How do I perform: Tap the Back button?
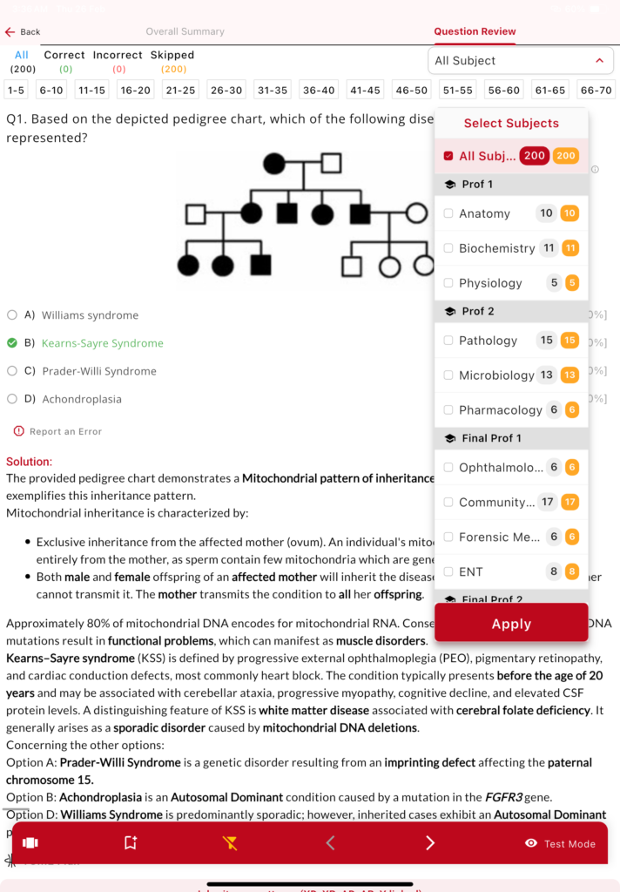point(23,32)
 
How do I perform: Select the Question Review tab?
point(475,31)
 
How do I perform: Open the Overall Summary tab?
point(185,31)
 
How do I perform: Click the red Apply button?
point(511,624)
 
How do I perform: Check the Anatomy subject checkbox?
point(448,213)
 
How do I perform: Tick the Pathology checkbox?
point(448,341)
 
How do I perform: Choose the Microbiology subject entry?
point(496,375)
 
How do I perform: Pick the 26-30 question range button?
point(226,90)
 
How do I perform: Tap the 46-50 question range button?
point(412,90)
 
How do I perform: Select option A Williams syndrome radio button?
point(12,315)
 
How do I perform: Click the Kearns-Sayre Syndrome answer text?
point(102,343)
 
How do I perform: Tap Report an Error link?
point(65,431)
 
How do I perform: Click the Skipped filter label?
point(172,55)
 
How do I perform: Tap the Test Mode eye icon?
point(531,843)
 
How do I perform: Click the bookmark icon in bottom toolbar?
point(131,843)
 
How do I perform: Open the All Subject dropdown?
point(521,61)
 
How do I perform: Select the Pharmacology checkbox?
point(448,410)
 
